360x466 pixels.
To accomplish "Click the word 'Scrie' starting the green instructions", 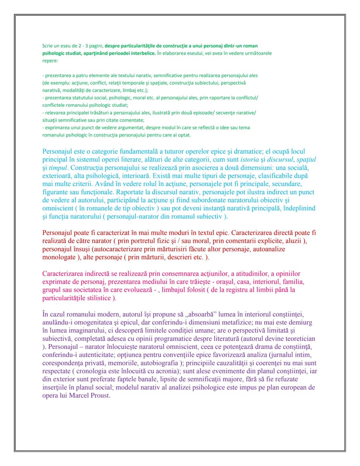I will [48, 46].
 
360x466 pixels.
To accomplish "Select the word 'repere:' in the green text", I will [50, 61].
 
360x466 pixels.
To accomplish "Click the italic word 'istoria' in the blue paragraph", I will [249, 160].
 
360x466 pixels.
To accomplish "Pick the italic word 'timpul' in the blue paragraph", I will [58, 168].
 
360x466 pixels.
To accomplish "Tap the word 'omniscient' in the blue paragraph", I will [59, 208].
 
